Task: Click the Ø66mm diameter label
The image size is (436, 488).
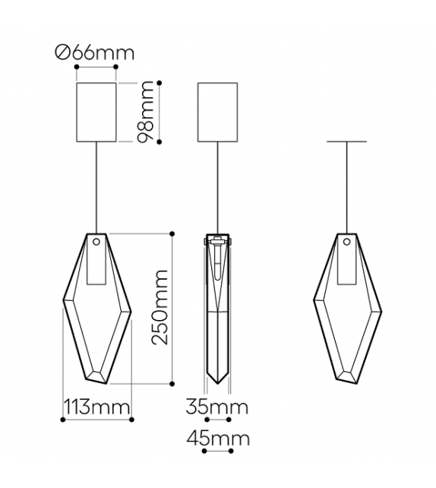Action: click(x=95, y=53)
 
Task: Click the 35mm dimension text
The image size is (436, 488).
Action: click(x=217, y=407)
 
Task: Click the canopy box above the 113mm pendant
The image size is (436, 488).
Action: click(x=96, y=112)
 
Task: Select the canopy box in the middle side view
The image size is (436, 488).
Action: click(x=217, y=112)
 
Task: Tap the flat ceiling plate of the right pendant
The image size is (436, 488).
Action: click(x=347, y=142)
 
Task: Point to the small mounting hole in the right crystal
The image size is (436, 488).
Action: click(x=347, y=242)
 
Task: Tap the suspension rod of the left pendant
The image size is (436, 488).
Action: click(x=96, y=186)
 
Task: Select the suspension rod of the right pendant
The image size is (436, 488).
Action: click(x=347, y=186)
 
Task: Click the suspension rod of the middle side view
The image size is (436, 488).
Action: click(x=218, y=186)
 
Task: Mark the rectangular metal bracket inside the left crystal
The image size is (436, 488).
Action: click(x=96, y=266)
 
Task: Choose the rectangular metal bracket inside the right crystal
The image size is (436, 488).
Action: click(x=347, y=266)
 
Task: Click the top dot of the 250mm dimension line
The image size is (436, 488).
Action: click(x=173, y=233)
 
